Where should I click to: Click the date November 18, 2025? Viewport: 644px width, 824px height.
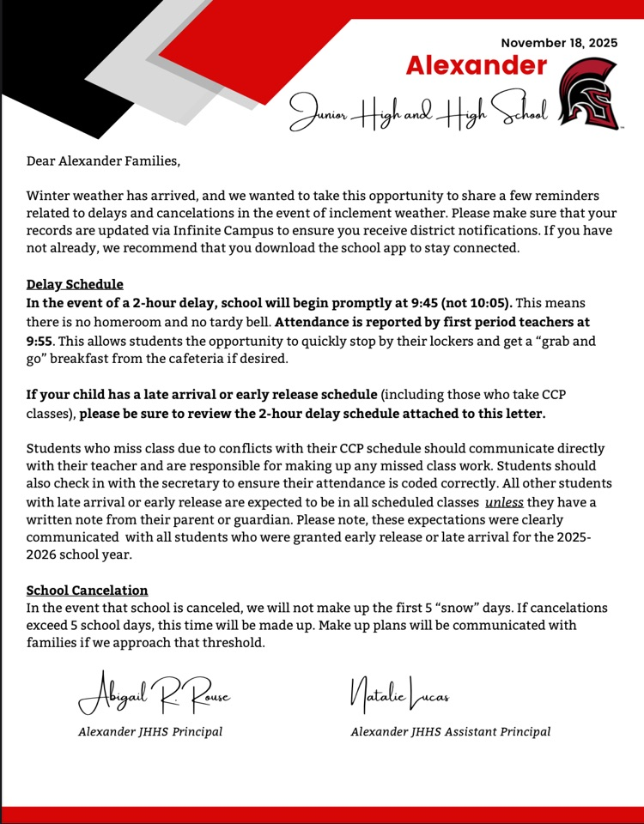(x=559, y=43)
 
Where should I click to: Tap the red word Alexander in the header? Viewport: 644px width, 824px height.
(x=476, y=66)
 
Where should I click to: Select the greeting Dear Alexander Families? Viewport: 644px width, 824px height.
(x=104, y=161)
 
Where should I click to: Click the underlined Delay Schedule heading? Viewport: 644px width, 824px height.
(x=75, y=284)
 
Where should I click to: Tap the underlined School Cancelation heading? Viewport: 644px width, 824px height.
(x=87, y=591)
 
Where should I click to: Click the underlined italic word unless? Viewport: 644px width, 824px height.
(x=504, y=502)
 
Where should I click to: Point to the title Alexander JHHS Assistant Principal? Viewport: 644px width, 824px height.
(x=450, y=732)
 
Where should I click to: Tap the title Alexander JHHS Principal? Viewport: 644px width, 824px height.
(x=150, y=732)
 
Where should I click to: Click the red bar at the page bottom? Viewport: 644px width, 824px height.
(x=322, y=815)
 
